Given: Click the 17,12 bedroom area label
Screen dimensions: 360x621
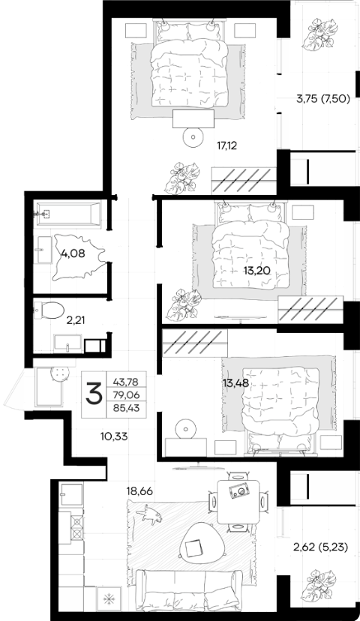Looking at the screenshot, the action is [x=226, y=145].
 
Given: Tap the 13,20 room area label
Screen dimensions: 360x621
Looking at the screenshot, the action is [x=256, y=271].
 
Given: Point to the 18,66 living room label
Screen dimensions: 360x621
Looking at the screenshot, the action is [x=139, y=491].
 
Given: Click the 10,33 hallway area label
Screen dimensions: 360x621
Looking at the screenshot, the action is [x=114, y=436].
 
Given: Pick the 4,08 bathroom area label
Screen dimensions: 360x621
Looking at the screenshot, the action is [x=73, y=253].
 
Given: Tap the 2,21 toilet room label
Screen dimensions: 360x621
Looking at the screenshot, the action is [x=75, y=320].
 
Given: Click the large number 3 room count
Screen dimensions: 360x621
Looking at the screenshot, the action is [x=94, y=394].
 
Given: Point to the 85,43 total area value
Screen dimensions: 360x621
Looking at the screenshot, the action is [x=126, y=407].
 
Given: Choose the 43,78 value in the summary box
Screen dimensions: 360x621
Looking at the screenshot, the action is [x=126, y=382].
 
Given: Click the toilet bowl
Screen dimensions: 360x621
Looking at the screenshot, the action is [x=49, y=310].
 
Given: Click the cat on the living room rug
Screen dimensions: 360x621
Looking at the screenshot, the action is [x=149, y=514].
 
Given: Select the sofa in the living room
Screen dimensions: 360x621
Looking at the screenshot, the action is [x=189, y=589].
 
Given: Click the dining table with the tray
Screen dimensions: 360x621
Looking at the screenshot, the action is [x=238, y=502].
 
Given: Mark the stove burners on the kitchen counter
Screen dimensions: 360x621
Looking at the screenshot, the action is [x=77, y=527].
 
